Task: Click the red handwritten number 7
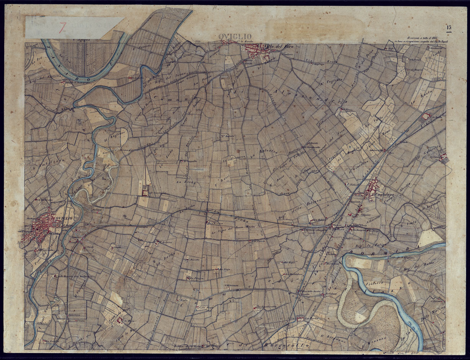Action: coord(63,27)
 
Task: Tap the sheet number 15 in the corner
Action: coord(449,27)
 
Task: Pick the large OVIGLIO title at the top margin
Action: coord(230,37)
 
